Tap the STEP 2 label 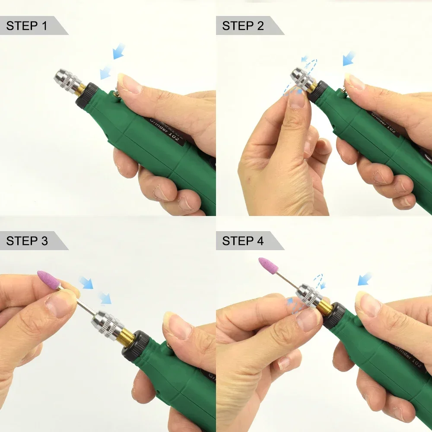tap(243, 26)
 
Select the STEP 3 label tap(27, 241)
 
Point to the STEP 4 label tap(243, 241)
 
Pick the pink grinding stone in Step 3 tap(48, 280)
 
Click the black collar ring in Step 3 tap(139, 345)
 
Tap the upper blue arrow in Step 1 tap(119, 51)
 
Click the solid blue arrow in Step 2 tap(349, 58)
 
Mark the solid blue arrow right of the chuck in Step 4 tap(365, 279)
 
